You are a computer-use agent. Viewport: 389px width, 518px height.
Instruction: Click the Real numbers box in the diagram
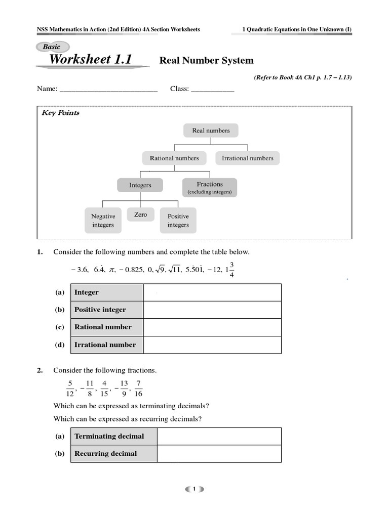pos(211,131)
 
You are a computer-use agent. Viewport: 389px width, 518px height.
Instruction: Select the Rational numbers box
pos(174,158)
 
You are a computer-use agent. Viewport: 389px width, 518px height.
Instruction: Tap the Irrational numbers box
pos(247,158)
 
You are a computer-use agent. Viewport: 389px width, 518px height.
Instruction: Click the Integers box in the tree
pos(140,185)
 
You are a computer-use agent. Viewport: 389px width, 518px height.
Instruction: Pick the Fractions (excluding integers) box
pos(210,188)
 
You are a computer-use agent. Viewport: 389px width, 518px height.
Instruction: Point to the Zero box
pos(141,215)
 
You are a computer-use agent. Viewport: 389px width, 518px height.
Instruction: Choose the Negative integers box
pos(103,221)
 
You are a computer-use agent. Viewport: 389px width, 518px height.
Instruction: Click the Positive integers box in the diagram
pos(178,221)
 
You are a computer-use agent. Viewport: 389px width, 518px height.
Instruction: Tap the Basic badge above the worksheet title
pos(51,47)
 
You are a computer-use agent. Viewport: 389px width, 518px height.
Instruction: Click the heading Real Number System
pos(207,61)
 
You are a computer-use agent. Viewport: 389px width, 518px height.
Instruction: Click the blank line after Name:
pos(108,90)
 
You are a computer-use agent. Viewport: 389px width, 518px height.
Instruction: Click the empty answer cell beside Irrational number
pos(212,344)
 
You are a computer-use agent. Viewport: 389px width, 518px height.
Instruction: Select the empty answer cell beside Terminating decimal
pos(219,436)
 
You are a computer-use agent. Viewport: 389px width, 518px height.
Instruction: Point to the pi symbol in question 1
pos(112,270)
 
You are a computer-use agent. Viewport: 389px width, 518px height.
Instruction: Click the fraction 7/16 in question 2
pos(138,388)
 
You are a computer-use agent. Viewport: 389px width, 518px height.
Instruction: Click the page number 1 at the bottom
pos(194,489)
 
